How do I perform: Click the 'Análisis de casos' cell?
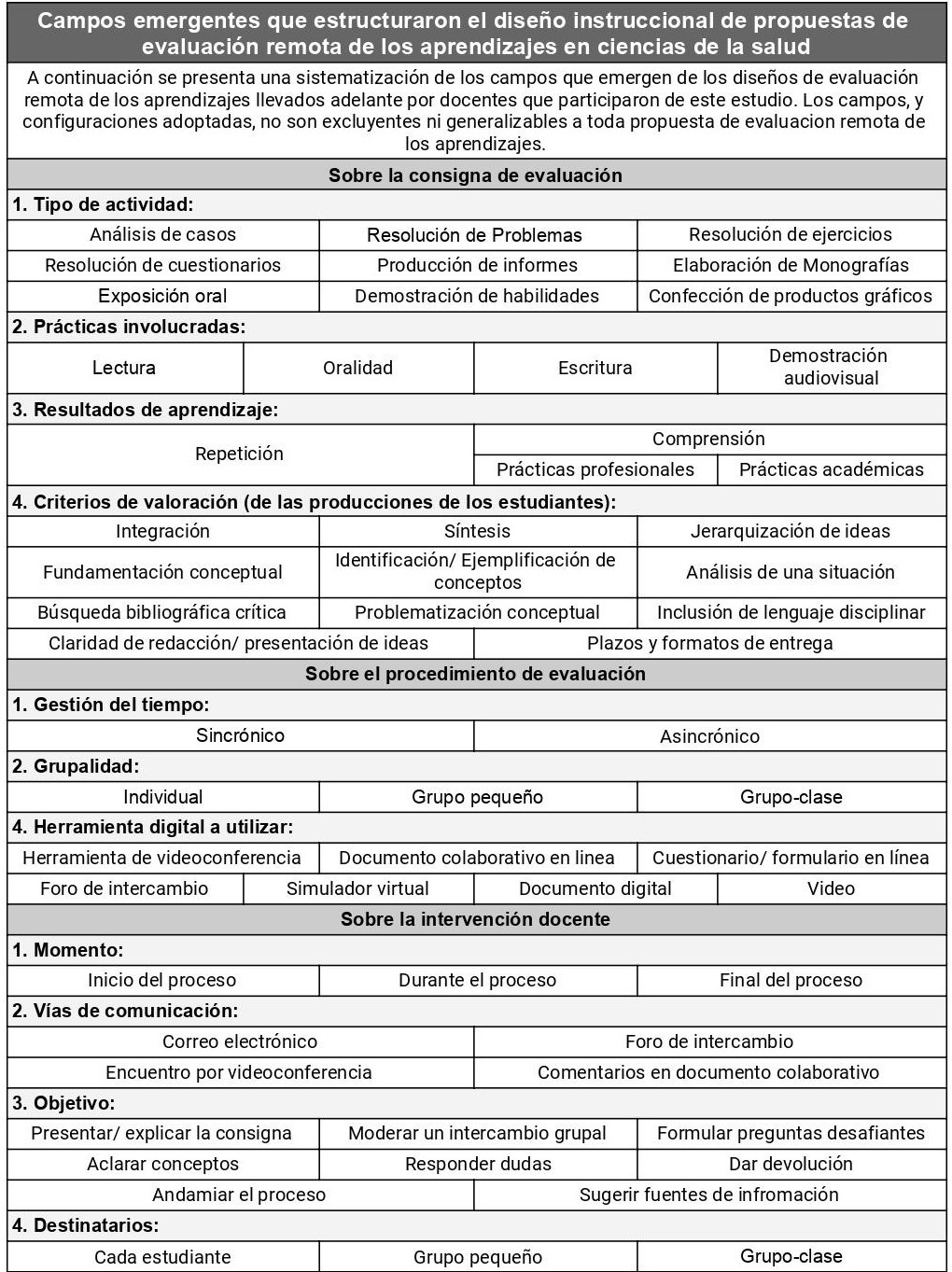(x=162, y=234)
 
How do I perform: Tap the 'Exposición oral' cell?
(x=162, y=296)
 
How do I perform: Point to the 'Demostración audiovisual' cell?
(x=831, y=367)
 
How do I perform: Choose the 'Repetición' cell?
(x=239, y=454)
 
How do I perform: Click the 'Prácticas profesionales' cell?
(x=595, y=469)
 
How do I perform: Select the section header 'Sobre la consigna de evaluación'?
(x=475, y=175)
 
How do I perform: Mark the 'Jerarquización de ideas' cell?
(x=791, y=531)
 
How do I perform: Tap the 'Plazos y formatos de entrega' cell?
(x=709, y=643)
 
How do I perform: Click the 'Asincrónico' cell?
(x=709, y=736)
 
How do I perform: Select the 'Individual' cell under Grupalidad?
(x=162, y=797)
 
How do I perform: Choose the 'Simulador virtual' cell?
(x=357, y=888)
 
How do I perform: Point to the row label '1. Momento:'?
(x=67, y=950)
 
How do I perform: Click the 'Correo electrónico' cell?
(x=240, y=1041)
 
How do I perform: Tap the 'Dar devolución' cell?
(x=791, y=1164)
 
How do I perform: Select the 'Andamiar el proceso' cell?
(x=239, y=1195)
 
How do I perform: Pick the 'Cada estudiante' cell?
(x=162, y=1257)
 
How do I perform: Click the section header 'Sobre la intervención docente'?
(x=475, y=919)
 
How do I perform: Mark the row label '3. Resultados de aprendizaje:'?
(x=145, y=410)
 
